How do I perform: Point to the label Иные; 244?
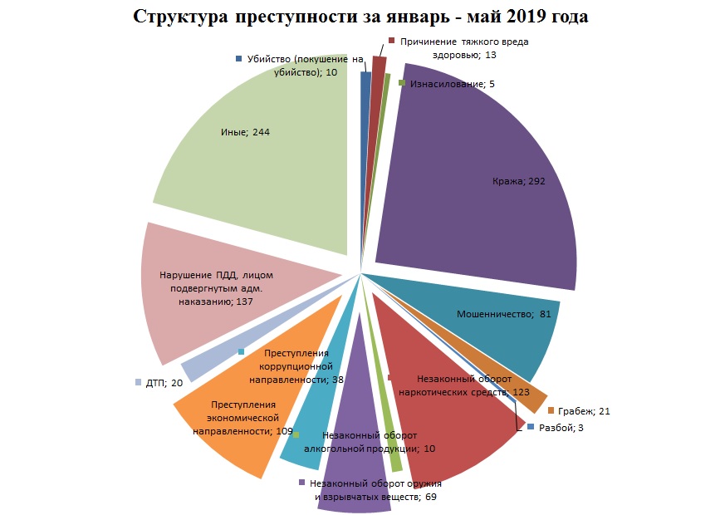[x=245, y=132]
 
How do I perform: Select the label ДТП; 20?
[x=164, y=383]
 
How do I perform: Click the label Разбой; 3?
[x=561, y=427]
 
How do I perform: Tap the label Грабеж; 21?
[x=585, y=411]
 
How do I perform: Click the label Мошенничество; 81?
[x=504, y=315]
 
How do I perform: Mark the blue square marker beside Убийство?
[x=239, y=59]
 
